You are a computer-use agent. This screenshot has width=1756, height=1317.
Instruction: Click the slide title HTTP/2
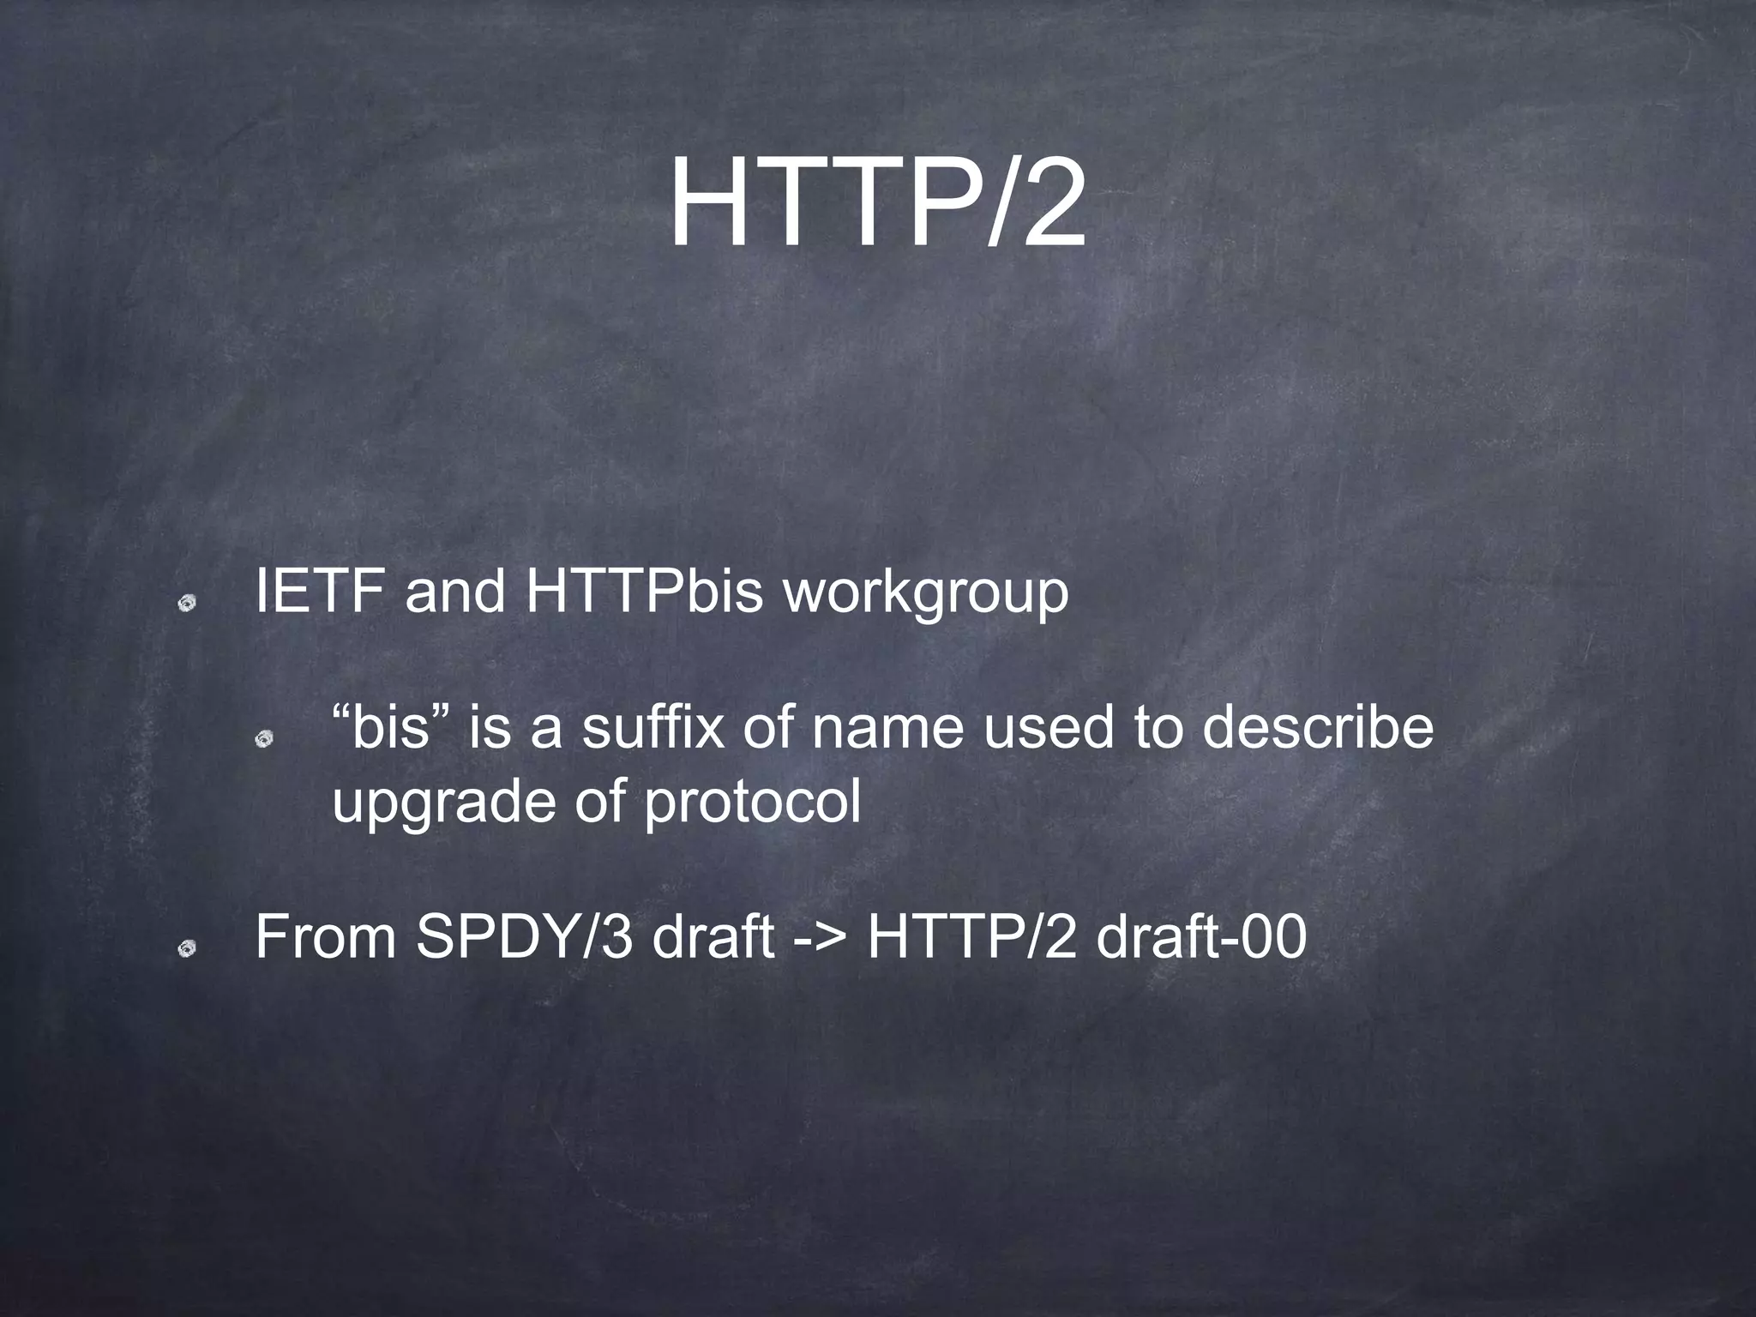[x=877, y=206]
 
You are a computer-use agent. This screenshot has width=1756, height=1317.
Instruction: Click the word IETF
[x=319, y=592]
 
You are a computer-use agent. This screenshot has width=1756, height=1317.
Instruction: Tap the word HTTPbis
[x=643, y=592]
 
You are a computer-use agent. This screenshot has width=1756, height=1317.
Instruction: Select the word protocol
[x=752, y=804]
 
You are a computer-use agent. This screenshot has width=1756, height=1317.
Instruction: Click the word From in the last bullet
[x=326, y=937]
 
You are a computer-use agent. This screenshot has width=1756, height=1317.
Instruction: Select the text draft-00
[x=1202, y=937]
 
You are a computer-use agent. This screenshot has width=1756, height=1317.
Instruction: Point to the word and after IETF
[x=454, y=592]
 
